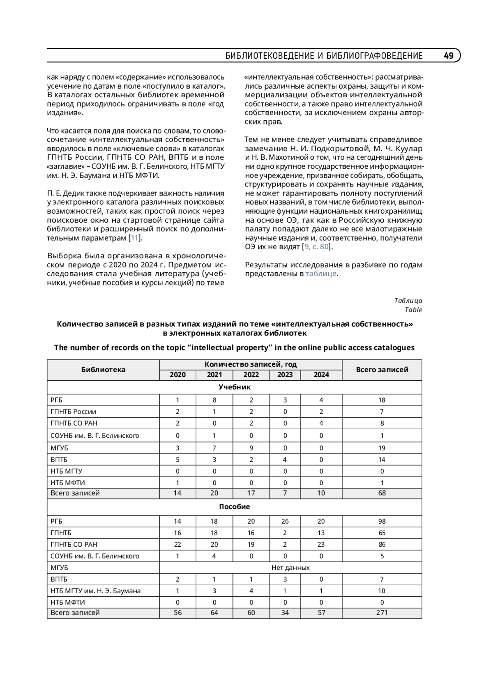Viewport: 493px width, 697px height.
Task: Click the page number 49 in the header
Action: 449,56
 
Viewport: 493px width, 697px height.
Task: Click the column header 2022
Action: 251,375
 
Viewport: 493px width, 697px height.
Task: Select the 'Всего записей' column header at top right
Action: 382,370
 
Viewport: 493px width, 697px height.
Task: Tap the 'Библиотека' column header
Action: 103,370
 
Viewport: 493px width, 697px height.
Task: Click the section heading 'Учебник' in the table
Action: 234,387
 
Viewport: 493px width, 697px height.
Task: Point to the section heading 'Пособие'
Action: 234,507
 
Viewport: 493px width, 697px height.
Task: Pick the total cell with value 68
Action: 382,493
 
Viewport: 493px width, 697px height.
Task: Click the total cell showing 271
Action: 382,612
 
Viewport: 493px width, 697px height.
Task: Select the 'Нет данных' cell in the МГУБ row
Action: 290,568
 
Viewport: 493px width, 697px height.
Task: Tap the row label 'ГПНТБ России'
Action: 73,412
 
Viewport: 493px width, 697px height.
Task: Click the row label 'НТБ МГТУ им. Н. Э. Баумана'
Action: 95,591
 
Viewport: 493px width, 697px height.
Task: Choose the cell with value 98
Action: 382,521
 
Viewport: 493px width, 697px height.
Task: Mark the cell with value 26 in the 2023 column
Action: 285,521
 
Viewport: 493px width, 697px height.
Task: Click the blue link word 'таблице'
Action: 321,274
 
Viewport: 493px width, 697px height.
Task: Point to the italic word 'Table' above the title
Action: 413,310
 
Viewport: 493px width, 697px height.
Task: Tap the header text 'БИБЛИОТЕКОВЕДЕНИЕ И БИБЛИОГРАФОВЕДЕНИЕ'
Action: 324,56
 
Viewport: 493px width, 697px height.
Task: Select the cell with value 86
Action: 382,544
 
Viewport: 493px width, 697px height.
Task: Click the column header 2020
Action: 177,375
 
